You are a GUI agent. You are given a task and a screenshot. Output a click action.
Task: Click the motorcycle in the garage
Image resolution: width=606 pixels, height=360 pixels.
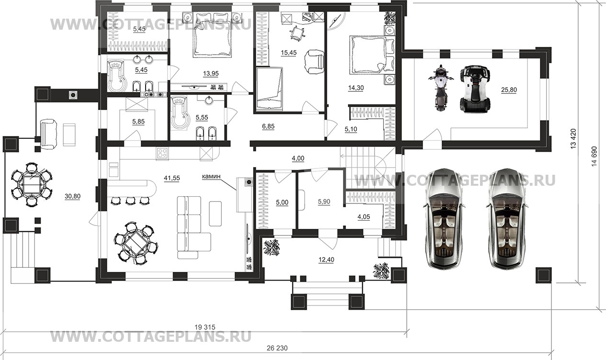[x=441, y=88]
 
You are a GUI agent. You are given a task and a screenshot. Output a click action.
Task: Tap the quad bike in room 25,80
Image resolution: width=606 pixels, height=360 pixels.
[x=475, y=89]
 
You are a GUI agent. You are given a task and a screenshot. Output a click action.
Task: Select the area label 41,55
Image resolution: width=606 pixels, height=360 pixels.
[x=172, y=178]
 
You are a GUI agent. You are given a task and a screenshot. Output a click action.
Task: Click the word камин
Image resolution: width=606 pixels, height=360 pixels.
[x=211, y=177]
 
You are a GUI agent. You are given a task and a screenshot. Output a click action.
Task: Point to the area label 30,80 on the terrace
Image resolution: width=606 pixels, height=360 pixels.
[x=72, y=196]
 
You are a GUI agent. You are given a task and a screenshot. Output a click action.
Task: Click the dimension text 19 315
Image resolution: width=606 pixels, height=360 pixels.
[x=205, y=327]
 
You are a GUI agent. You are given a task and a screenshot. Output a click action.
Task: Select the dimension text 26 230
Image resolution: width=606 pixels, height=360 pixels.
[x=277, y=348]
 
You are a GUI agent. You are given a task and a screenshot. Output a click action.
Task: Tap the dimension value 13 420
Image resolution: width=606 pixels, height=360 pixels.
[x=573, y=138]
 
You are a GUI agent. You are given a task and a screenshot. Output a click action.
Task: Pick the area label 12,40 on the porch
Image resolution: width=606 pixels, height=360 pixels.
[x=326, y=260]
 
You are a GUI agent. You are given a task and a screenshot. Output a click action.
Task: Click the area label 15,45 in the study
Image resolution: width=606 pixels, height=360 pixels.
[x=289, y=53]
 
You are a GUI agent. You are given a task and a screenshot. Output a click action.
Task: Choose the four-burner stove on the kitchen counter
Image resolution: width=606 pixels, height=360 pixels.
[x=162, y=153]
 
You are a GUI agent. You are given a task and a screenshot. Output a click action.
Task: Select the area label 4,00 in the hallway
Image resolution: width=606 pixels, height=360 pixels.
[x=298, y=158]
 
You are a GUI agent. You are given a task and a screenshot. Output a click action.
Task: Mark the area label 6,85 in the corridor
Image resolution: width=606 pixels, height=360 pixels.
[x=268, y=126]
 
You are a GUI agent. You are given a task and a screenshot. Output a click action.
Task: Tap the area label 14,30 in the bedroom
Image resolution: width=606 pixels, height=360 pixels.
[x=356, y=88]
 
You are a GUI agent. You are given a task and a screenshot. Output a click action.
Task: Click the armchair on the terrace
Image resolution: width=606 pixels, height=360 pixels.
[x=49, y=134]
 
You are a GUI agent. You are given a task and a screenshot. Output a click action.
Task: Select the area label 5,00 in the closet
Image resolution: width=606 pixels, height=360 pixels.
[x=282, y=202]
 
